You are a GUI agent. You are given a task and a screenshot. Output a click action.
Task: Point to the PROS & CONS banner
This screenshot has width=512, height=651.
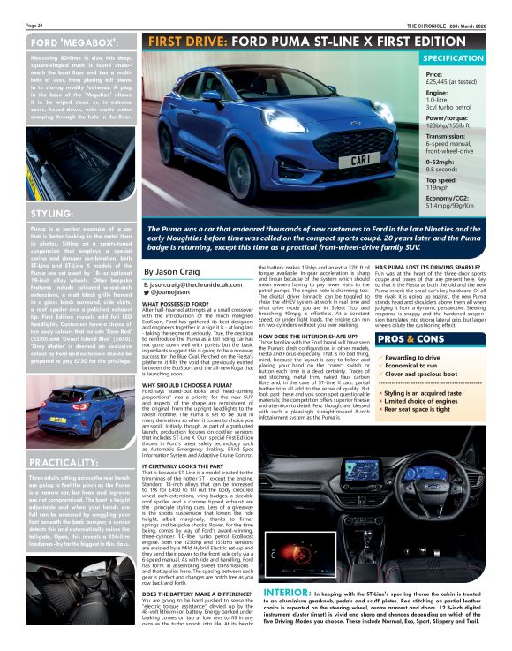[411, 338]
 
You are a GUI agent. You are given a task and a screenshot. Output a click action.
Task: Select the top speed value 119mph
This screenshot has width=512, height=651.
[437, 188]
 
